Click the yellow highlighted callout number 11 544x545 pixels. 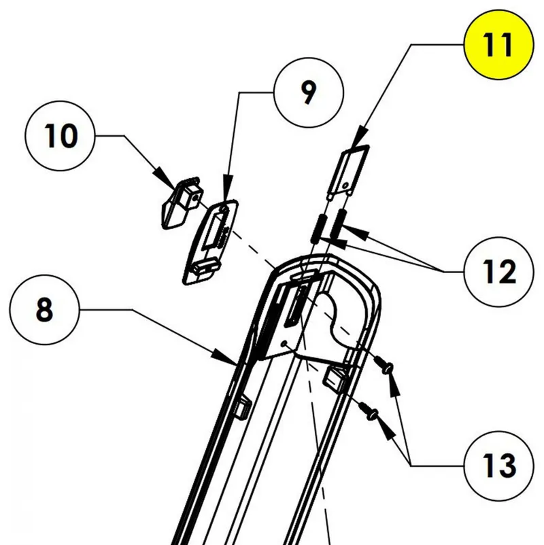(498, 44)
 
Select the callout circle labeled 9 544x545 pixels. (308, 94)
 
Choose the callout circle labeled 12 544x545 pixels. (499, 272)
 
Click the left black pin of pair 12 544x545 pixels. (317, 228)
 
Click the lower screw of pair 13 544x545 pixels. (371, 410)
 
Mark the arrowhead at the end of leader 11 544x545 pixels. (362, 136)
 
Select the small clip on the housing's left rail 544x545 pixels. (241, 406)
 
